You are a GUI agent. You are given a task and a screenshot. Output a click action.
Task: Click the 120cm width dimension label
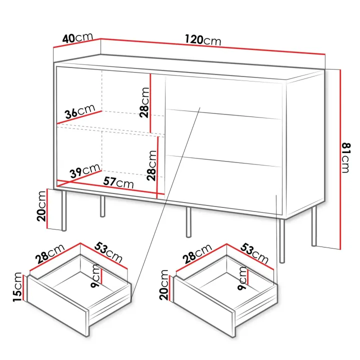point(203,40)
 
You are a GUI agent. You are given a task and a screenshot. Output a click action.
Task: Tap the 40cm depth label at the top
point(77,38)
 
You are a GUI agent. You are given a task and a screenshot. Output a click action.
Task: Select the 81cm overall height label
point(346,157)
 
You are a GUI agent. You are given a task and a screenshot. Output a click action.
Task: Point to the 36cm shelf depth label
point(80,111)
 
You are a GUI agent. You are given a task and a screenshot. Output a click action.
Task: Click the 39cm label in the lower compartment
point(85,171)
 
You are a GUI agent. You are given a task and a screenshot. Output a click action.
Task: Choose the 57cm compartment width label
point(118,183)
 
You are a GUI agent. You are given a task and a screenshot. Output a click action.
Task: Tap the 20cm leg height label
point(41,206)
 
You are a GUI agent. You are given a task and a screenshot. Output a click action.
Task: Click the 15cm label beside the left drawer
point(17,287)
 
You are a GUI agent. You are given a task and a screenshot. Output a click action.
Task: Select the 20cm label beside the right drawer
point(164,284)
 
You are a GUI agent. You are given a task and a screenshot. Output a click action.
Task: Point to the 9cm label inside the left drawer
point(95,275)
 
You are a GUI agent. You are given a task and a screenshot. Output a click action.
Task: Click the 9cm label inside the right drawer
point(242,278)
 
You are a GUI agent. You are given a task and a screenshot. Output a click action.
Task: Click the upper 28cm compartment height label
point(144,102)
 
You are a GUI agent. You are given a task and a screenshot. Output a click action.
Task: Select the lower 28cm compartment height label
point(152,165)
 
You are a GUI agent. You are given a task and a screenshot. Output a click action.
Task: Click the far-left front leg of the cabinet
point(64,210)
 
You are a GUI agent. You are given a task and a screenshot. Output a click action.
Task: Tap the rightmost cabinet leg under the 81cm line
point(314,226)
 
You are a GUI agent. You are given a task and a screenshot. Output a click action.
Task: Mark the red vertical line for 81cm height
point(340,159)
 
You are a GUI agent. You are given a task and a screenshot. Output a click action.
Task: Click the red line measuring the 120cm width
point(213,46)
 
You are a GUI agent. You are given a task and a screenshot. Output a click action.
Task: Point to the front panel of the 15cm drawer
point(58,306)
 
